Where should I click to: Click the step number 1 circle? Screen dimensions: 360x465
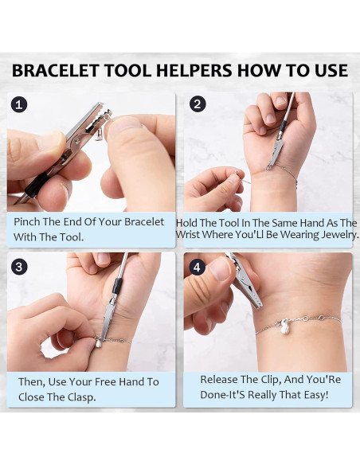(19, 105)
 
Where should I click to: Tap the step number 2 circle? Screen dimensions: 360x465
(198, 104)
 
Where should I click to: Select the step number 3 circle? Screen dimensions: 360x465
(19, 267)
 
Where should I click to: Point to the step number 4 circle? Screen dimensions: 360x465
(198, 268)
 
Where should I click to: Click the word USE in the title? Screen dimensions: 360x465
(329, 71)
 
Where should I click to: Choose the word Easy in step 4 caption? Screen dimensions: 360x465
(315, 395)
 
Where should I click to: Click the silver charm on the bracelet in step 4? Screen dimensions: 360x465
(285, 327)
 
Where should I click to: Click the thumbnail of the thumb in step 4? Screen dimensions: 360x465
(221, 269)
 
